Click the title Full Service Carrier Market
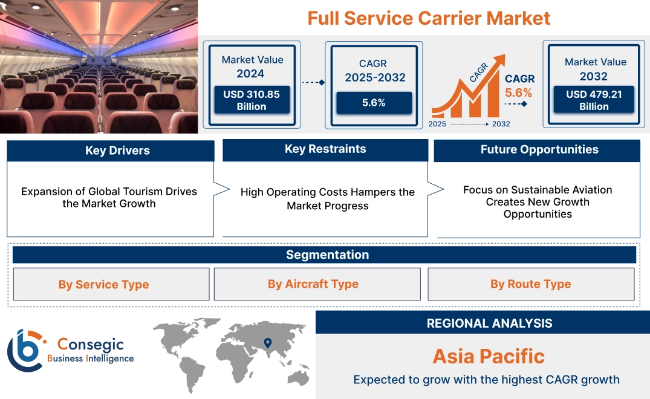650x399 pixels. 429,18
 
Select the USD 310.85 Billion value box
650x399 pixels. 251,100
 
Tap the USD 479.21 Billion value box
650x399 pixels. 594,100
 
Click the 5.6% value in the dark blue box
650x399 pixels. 374,103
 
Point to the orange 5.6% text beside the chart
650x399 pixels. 518,92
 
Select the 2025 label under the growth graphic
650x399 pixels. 438,124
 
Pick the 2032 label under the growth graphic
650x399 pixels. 501,124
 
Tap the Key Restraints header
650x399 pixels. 325,149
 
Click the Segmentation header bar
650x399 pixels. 327,255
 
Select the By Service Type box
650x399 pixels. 103,284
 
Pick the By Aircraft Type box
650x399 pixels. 313,284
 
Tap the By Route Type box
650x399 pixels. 530,284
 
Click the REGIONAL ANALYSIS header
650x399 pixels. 489,323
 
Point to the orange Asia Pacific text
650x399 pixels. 489,356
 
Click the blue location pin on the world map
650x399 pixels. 267,344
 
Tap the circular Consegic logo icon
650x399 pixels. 25,350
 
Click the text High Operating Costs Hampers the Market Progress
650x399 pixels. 327,199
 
